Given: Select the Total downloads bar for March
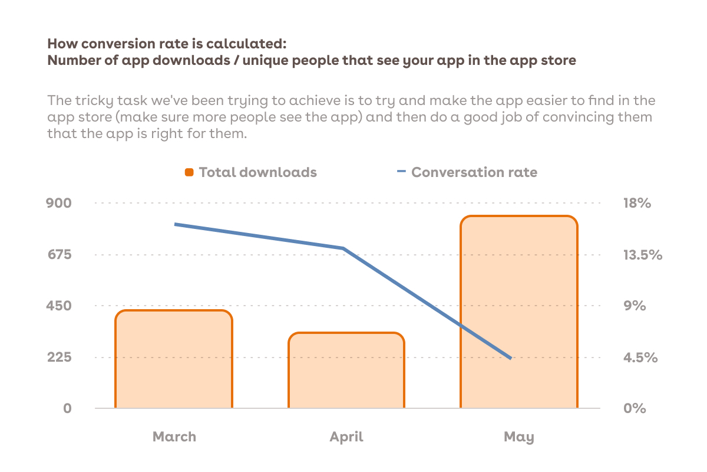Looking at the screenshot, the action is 174,359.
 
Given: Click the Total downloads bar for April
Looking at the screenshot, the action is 346,370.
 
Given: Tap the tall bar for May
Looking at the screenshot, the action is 519,312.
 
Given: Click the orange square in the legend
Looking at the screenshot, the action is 189,172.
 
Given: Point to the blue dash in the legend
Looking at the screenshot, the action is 401,171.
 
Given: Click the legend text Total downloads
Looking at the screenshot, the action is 258,172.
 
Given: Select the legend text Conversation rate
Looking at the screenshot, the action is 474,172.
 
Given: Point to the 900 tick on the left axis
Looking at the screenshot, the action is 59,203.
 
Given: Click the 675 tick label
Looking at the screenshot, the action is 60,254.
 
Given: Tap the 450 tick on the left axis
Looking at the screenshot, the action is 59,306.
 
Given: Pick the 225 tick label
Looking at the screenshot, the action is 60,357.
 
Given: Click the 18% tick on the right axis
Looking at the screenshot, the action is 637,203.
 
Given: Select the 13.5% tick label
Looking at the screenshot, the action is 643,255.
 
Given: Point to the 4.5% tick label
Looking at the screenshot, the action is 640,358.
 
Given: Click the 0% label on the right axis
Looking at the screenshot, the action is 635,408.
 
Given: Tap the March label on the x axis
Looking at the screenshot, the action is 174,437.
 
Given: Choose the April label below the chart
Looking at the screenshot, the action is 346,437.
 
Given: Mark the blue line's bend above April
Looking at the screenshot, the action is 343,248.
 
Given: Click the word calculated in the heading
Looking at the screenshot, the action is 246,44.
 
